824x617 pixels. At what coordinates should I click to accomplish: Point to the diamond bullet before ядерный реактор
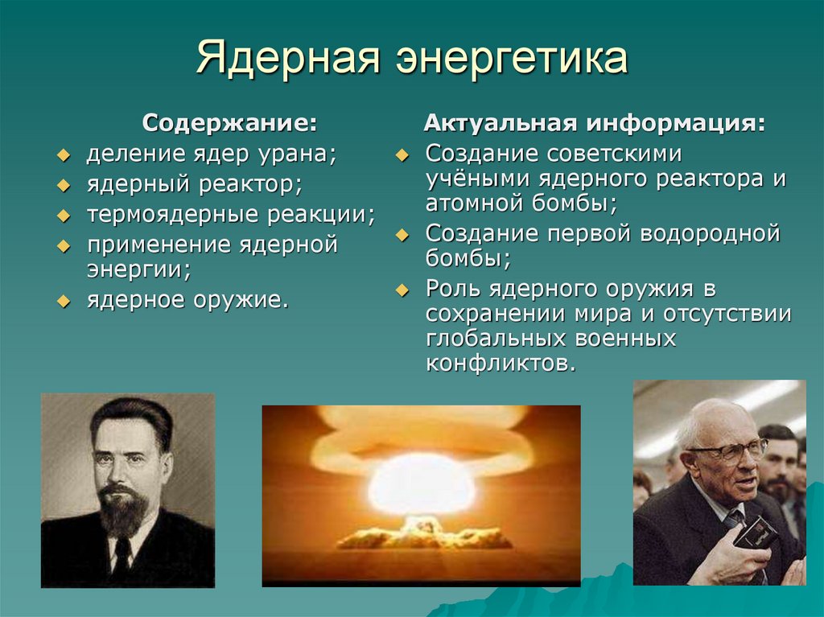click(64, 186)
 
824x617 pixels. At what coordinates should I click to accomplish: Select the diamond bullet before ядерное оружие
click(64, 302)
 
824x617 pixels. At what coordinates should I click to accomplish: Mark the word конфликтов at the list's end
click(501, 363)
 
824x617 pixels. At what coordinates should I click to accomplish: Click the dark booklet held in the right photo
click(756, 532)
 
